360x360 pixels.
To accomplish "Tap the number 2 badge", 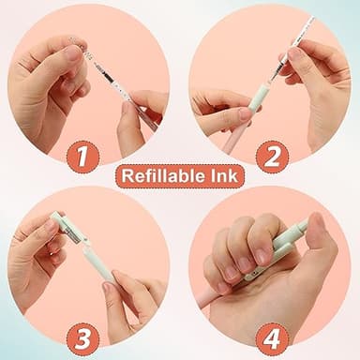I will point(272,156).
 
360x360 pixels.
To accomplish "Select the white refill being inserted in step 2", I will point(292,42).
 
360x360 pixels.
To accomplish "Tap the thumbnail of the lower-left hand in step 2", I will point(245,113).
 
